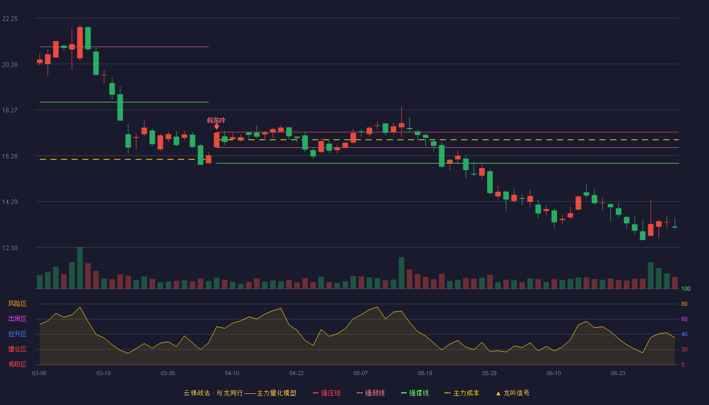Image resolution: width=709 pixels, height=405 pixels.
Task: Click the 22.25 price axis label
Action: click(10, 19)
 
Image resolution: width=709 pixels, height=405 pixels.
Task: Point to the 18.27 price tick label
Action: click(10, 110)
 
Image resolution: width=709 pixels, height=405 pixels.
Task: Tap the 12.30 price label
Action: click(10, 248)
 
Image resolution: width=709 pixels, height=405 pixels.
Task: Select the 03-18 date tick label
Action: click(103, 374)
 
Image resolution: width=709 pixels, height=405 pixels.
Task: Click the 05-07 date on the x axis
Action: click(361, 374)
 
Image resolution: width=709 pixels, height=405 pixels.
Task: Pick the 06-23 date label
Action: click(618, 374)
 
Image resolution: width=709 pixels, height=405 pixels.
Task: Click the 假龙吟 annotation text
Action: click(216, 120)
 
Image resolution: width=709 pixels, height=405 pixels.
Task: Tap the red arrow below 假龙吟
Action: click(217, 127)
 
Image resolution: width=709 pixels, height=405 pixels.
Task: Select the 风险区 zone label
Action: click(17, 304)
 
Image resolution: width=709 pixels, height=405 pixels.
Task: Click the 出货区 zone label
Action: click(17, 318)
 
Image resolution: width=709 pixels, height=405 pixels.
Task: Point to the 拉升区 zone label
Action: click(17, 334)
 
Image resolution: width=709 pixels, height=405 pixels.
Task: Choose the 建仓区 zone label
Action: click(17, 349)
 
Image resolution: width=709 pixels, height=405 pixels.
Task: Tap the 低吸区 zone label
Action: click(17, 364)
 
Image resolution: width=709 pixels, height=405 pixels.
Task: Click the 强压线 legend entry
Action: click(327, 393)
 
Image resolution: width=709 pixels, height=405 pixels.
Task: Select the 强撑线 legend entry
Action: click(415, 393)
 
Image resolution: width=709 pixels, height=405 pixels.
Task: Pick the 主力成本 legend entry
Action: click(462, 393)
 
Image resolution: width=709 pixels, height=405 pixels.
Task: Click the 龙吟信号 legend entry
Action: click(513, 393)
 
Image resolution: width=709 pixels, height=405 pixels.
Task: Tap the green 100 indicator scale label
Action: click(686, 289)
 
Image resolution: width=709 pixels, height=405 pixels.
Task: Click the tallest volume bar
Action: click(80, 268)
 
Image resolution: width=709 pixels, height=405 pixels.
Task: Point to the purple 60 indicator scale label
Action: click(684, 319)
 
